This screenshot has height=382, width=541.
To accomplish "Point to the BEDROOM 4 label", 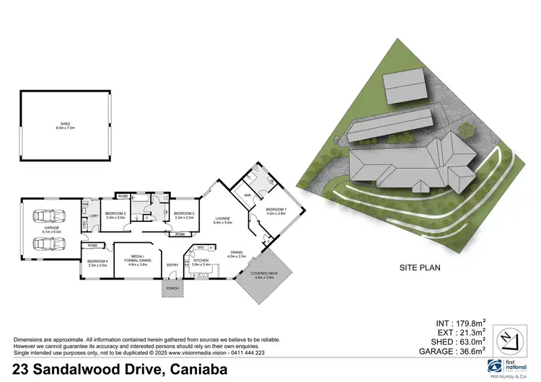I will point(97,262).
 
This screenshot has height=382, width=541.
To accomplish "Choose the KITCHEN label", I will point(200,262).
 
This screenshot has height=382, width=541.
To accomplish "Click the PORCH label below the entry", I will point(172,289).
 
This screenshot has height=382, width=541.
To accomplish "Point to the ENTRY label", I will point(172,265).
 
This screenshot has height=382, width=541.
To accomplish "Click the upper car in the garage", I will point(50,214).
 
